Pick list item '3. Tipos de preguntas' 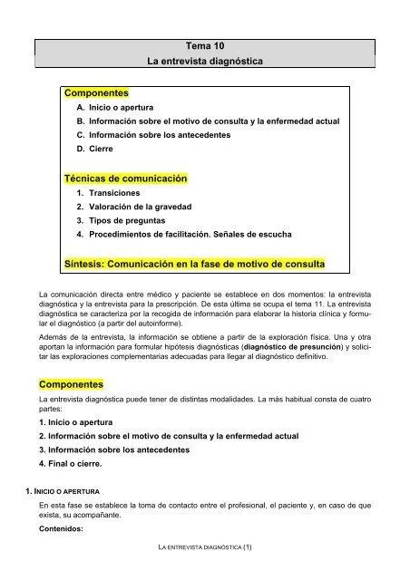point(119,220)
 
